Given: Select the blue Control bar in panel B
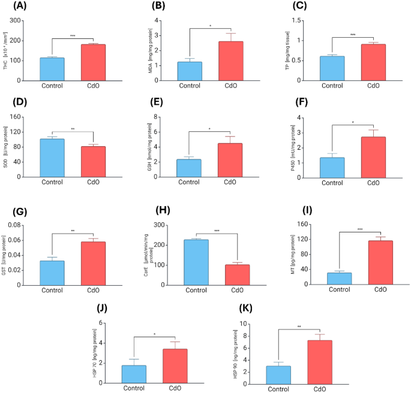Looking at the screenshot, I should click(x=189, y=71).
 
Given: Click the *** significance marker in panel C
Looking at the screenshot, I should click(x=352, y=35).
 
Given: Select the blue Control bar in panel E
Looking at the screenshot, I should click(x=189, y=168).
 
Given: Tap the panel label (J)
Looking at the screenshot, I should click(x=102, y=309).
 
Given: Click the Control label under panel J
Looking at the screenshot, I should click(x=134, y=388).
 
